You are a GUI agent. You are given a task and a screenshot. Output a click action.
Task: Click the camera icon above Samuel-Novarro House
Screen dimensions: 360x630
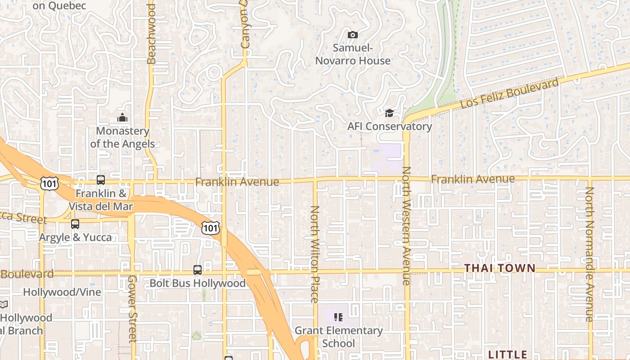coord(353,35)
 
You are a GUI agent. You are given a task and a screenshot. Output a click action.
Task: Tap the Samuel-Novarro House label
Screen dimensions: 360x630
coord(353,54)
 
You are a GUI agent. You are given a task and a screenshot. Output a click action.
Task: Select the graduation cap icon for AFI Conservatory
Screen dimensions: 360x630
coord(389,113)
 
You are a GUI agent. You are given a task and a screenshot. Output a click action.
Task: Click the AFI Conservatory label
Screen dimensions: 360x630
coord(389,126)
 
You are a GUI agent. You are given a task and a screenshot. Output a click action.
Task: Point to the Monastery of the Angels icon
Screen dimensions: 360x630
coord(122,118)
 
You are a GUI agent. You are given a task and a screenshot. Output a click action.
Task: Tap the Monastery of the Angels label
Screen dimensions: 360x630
coord(122,137)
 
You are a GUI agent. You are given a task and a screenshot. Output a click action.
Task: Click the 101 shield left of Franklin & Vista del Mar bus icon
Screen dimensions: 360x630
coord(49,183)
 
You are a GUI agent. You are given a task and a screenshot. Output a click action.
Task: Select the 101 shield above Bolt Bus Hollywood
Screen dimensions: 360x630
coord(210,228)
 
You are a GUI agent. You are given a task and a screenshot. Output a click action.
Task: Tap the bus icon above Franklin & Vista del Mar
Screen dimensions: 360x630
coord(101,180)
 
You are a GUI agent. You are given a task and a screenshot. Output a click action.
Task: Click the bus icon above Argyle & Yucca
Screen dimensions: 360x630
coord(75,224)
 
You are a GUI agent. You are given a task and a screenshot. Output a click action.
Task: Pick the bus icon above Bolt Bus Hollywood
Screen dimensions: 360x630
coord(198,270)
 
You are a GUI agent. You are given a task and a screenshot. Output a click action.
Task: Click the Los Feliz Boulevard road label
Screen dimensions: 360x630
coord(509,93)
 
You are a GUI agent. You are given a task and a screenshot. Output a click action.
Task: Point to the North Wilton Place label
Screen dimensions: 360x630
coord(315,254)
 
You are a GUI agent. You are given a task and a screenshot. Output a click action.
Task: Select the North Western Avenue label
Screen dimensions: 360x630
coord(406,226)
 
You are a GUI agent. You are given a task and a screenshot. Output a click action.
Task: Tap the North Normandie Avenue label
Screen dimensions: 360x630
coord(589,254)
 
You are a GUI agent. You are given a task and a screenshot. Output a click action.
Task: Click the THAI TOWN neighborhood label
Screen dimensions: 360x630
coord(500,268)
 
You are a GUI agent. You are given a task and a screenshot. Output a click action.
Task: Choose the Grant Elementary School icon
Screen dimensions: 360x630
coord(339,317)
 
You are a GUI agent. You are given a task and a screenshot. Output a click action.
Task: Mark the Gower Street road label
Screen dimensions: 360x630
coord(132,308)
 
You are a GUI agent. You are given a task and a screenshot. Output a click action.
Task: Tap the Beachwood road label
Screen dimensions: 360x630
coord(151,34)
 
